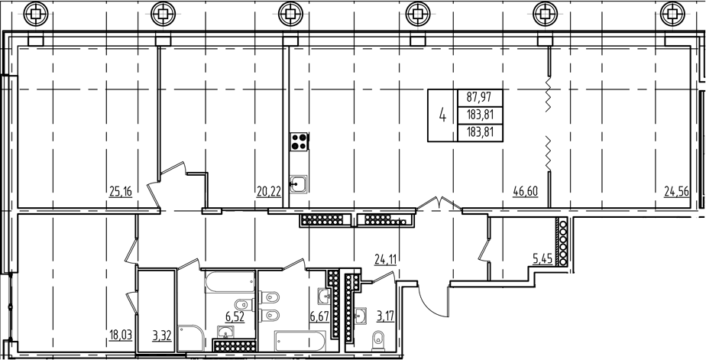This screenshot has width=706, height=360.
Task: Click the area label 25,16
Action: point(121,192)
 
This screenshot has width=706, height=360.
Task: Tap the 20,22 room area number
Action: point(267,192)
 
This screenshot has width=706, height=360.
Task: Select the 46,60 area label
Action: point(526,192)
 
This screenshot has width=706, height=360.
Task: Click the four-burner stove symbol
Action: point(299,142)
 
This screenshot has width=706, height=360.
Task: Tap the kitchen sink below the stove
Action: point(299,183)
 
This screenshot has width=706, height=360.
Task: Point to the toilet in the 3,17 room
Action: point(378,339)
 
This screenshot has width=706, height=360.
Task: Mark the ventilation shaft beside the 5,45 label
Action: point(563,242)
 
